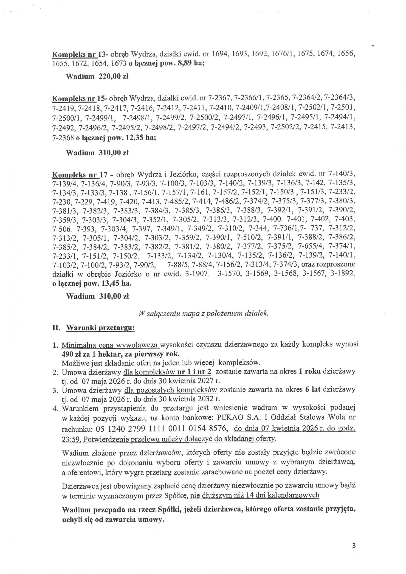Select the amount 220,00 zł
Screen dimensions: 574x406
(113, 76)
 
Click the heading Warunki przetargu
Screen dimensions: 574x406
(101, 327)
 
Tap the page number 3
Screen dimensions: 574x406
(353, 546)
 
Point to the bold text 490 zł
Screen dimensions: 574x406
(71, 354)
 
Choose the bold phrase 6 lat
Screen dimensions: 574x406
(313, 389)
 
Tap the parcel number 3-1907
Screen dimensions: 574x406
(197, 274)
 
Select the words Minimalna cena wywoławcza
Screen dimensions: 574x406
(110, 345)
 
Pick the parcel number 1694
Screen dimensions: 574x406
(220, 54)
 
